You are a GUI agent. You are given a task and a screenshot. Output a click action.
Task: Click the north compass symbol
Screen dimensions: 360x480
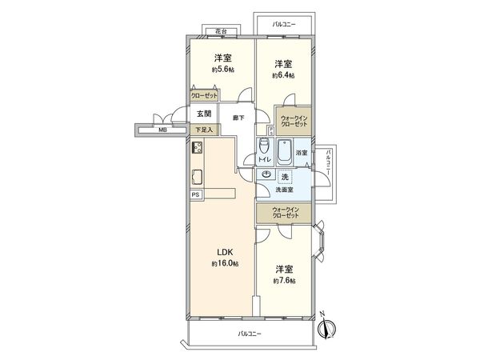326,329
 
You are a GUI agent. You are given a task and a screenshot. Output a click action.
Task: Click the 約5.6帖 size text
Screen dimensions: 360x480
222,70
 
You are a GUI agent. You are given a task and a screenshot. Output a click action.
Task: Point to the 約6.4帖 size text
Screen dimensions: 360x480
282,76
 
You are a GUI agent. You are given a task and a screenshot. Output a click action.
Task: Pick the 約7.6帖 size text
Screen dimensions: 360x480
284,281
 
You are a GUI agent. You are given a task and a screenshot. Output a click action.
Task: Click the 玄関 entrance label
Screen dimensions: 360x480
203,114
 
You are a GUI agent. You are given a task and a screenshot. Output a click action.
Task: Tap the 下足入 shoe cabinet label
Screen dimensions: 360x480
204,128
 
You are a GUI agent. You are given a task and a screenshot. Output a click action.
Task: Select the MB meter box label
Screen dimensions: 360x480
162,129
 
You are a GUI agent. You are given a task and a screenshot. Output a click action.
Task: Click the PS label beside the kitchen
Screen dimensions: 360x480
197,194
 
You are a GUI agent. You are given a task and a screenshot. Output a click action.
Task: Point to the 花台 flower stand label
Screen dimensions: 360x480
220,32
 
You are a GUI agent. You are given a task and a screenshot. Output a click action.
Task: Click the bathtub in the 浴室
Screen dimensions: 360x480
283,151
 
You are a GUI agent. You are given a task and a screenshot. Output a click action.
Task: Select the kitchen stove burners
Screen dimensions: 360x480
197,148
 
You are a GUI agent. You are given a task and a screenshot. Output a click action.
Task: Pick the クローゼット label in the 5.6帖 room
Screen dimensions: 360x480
203,94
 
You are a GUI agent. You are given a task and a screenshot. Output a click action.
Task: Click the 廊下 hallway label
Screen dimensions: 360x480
238,118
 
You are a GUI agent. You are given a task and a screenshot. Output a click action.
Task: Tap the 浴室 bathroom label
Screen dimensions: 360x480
301,153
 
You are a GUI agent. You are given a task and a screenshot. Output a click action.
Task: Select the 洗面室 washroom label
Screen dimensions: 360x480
284,190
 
